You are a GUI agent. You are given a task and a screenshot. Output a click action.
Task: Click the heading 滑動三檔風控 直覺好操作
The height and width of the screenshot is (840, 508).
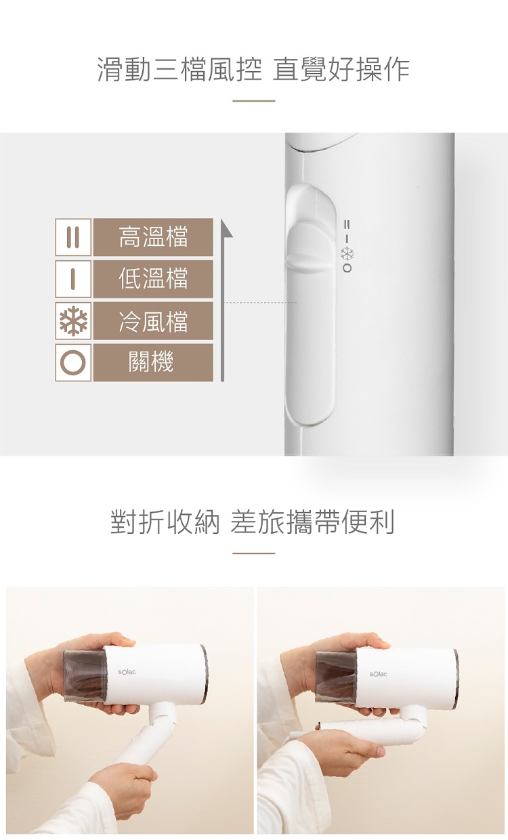tap(253, 69)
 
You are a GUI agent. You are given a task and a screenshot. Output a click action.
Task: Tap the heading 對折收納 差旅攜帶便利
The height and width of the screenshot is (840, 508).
tap(253, 522)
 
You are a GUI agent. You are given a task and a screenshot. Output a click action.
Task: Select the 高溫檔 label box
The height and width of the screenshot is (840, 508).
tap(153, 237)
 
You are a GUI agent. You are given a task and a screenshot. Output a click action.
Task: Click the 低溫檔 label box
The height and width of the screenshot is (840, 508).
tap(153, 279)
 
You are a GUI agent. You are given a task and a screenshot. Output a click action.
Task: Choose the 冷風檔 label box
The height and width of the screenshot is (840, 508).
tap(153, 321)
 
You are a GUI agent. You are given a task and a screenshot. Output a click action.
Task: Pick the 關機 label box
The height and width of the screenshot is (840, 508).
tap(153, 362)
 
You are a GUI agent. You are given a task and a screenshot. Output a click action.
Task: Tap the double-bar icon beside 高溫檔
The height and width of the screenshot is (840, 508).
tap(73, 237)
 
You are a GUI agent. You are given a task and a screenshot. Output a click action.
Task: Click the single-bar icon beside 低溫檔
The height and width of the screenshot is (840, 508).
tap(73, 279)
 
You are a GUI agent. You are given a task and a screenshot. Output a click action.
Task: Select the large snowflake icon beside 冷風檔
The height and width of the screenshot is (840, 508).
tap(73, 321)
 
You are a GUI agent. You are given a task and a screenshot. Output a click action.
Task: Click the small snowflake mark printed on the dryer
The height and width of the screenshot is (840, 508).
tap(347, 254)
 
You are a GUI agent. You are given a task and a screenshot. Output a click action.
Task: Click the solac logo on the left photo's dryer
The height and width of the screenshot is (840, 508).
tap(127, 671)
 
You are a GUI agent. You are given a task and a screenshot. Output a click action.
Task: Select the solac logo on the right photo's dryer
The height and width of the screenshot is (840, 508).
tap(378, 674)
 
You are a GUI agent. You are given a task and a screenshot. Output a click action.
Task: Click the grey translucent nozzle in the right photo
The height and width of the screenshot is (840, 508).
tap(336, 677)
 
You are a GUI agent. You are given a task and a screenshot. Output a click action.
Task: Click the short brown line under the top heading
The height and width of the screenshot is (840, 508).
tap(254, 101)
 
